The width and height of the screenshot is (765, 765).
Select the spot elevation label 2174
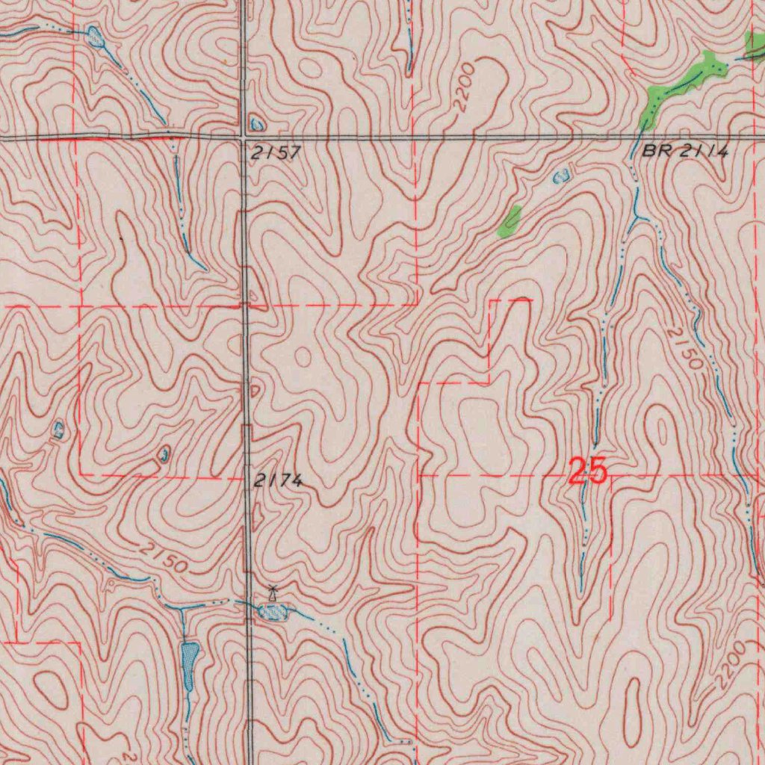point(277,482)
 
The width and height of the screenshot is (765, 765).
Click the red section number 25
point(588,472)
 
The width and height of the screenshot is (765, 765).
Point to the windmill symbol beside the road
point(273,593)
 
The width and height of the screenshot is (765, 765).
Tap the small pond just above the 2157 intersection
point(257,124)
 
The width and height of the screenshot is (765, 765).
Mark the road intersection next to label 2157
point(245,137)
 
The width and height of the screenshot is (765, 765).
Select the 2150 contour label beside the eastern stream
point(684,349)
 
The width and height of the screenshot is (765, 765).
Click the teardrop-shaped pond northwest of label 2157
point(96,36)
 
